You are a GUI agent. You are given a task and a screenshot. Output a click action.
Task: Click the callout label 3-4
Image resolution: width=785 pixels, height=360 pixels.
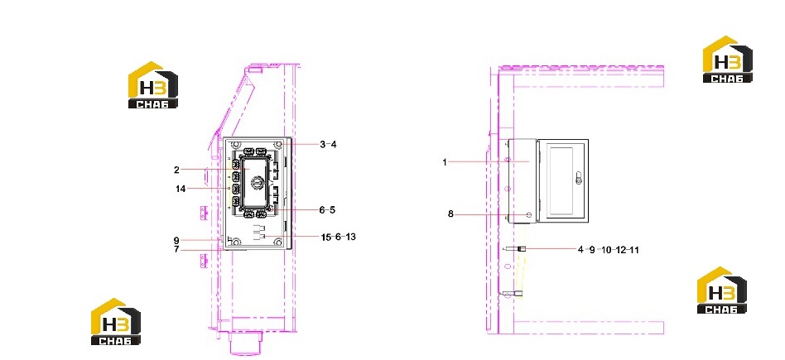(329, 145)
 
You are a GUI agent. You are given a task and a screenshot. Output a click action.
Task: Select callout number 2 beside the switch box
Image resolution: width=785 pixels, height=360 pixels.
(176, 170)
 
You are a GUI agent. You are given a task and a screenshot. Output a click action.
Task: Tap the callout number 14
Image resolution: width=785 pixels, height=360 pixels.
(181, 189)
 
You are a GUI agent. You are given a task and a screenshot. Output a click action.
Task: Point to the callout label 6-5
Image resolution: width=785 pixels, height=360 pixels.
(327, 209)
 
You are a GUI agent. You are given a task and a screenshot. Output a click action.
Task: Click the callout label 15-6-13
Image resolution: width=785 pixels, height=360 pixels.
(339, 237)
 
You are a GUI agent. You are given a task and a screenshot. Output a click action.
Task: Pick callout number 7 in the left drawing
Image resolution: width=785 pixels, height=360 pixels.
(176, 249)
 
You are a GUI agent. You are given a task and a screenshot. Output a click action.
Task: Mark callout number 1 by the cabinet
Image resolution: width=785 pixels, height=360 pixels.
(445, 162)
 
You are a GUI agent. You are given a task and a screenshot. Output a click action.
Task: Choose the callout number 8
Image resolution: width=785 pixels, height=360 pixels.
(450, 214)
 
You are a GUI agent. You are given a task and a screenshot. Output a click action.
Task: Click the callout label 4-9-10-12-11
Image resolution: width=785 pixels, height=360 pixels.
(609, 250)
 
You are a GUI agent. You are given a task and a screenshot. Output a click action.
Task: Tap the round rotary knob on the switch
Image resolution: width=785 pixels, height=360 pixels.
(258, 183)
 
